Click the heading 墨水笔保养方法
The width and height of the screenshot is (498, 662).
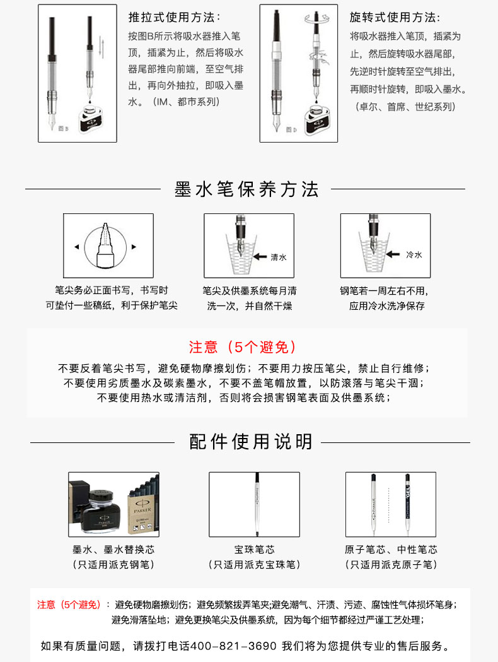pos(246,189)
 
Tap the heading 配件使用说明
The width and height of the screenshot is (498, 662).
pos(250,442)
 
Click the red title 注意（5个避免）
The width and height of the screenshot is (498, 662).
pos(243,347)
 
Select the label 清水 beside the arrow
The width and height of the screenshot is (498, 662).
pos(278,257)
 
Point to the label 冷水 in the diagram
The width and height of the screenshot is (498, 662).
pos(414,254)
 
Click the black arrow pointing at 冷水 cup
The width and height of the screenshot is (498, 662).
pos(393,254)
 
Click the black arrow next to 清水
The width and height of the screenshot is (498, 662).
pos(260,256)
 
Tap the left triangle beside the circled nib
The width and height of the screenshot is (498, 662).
pos(77,247)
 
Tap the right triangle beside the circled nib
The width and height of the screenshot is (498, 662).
pos(134,247)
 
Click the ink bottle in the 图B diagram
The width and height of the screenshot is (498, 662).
pos(91,118)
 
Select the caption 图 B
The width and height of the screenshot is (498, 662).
pos(63,128)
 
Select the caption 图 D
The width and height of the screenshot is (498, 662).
pos(291,129)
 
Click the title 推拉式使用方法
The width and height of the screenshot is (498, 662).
pos(174,17)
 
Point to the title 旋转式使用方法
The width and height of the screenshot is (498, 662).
pos(395,17)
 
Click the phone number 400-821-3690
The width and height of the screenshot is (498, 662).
pos(233,646)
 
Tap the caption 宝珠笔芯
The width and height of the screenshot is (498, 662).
pos(254,549)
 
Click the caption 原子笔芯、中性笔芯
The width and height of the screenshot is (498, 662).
pos(391,549)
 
